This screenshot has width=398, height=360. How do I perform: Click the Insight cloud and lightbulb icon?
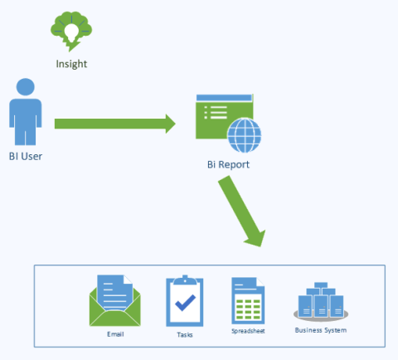click(x=71, y=32)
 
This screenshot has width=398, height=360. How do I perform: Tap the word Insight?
click(x=71, y=64)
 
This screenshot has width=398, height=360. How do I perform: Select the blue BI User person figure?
click(x=26, y=112)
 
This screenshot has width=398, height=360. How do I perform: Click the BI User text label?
click(x=26, y=157)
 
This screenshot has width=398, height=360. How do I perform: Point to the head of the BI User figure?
click(x=26, y=87)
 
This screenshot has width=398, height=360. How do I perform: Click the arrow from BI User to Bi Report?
click(x=115, y=124)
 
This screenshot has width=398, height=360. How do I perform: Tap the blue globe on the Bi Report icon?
click(x=245, y=135)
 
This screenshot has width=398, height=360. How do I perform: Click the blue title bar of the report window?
click(x=224, y=98)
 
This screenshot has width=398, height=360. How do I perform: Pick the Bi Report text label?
click(x=228, y=164)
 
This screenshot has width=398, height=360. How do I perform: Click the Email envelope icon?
click(x=115, y=300)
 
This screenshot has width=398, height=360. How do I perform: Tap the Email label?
click(x=115, y=334)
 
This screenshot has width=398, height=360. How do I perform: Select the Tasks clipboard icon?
click(x=185, y=301)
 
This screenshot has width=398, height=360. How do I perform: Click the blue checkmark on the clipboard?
click(x=185, y=303)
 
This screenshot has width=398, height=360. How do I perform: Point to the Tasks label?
click(x=185, y=335)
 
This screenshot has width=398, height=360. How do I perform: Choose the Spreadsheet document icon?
click(x=248, y=300)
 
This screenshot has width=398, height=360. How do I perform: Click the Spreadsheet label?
click(x=248, y=331)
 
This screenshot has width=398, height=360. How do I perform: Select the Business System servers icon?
click(x=321, y=302)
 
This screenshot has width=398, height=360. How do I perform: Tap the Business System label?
click(x=321, y=330)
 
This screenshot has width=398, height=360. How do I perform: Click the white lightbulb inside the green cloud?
click(x=71, y=32)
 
